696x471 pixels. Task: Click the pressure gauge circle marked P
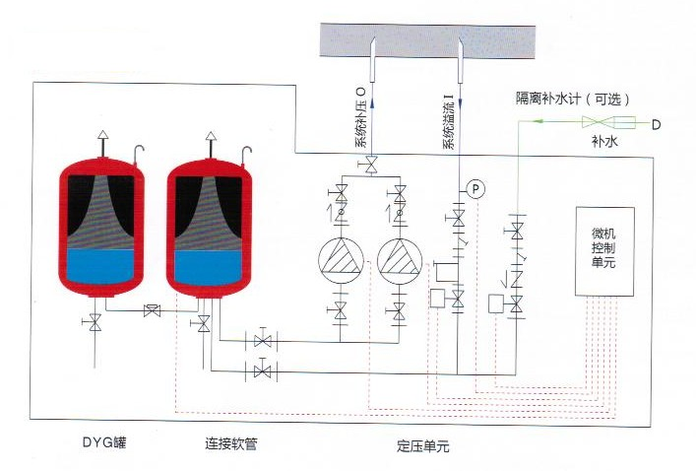[475, 189]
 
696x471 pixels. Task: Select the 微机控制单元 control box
[604, 251]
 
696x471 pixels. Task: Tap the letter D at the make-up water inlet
[656, 125]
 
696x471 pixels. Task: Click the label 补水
[604, 141]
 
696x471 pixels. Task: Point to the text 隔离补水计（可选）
[573, 99]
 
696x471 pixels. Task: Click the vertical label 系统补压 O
[360, 117]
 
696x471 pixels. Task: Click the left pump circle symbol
[341, 261]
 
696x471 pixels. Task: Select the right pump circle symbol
[400, 261]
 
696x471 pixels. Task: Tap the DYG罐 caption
[104, 442]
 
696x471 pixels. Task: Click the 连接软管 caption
[230, 443]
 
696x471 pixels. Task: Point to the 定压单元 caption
[423, 445]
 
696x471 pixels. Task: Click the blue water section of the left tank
[101, 266]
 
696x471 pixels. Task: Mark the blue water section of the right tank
[209, 267]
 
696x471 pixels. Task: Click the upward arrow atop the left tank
[103, 142]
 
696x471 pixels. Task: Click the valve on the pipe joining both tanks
[153, 310]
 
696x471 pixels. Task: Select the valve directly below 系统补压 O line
[370, 166]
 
